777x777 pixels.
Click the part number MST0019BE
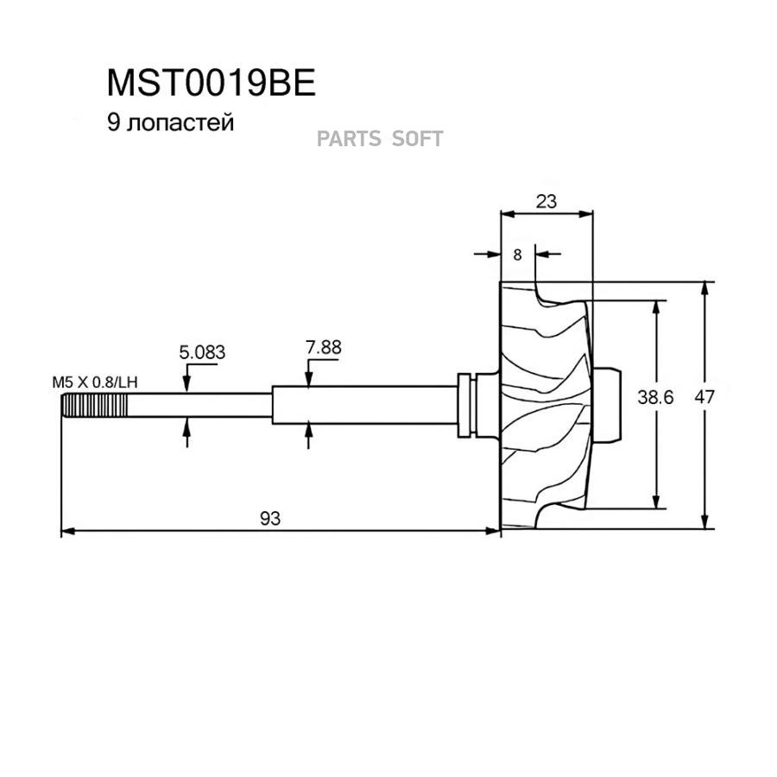click(212, 83)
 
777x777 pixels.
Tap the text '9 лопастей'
click(170, 123)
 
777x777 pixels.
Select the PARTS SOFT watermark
click(380, 138)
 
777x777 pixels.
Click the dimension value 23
click(546, 201)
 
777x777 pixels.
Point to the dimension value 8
click(517, 254)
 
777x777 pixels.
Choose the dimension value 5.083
click(202, 352)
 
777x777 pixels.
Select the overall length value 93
click(270, 517)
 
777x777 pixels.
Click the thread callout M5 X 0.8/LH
click(94, 381)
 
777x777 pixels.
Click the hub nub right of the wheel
click(610, 404)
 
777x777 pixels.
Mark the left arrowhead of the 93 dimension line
click(66, 531)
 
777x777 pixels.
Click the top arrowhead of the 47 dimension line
click(706, 288)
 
